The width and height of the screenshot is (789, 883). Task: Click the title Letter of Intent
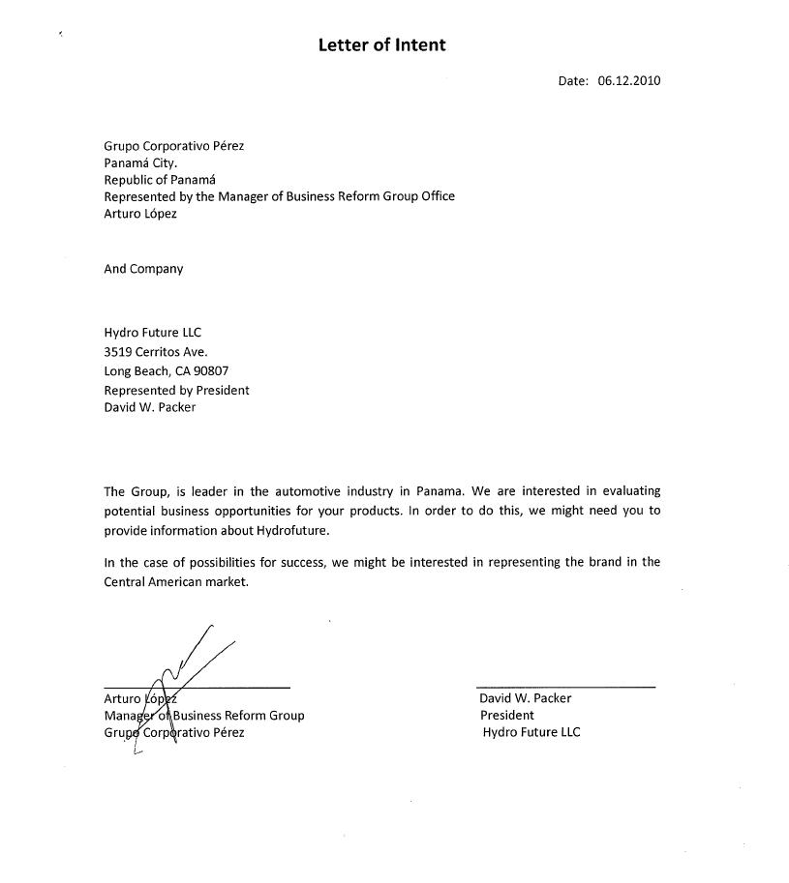[381, 44]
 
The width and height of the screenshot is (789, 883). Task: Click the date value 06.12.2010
[628, 81]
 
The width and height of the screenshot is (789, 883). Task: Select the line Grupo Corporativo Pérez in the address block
[174, 146]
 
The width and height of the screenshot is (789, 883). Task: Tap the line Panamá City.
[140, 163]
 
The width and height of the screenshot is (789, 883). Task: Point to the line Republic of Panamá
[160, 180]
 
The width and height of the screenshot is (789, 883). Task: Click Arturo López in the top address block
[140, 214]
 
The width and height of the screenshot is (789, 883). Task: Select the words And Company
[143, 269]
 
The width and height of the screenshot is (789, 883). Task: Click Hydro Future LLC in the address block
[152, 333]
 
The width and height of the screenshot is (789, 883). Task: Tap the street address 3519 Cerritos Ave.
[155, 352]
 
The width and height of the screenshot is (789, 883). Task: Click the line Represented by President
[176, 390]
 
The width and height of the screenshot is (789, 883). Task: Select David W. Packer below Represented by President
[149, 407]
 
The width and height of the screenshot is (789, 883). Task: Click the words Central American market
[176, 582]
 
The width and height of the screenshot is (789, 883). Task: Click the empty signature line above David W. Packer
[565, 687]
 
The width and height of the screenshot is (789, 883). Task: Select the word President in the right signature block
[506, 716]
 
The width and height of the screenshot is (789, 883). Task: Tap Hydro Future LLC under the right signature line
[531, 732]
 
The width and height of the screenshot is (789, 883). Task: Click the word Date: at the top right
[573, 81]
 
